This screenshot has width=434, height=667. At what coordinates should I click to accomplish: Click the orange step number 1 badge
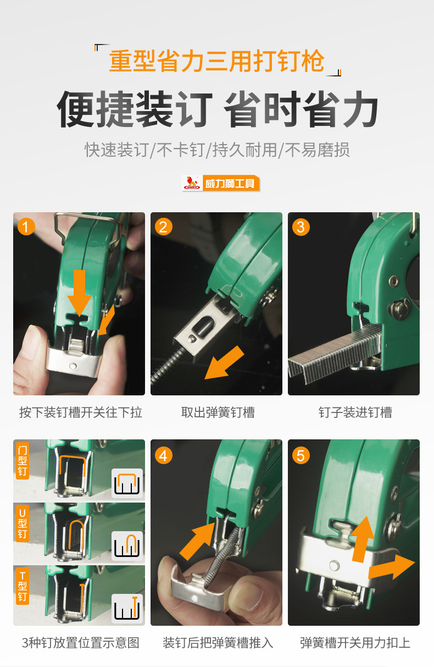[x=26, y=227]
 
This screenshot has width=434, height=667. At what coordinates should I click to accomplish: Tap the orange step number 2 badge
[x=163, y=227]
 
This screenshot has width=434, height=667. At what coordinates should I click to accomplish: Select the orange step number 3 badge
[x=301, y=227]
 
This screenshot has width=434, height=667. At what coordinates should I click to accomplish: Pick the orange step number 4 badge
[x=163, y=456]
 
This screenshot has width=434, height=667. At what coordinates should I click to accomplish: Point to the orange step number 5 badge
[x=301, y=456]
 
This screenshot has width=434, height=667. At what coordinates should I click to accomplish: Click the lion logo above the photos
[x=192, y=183]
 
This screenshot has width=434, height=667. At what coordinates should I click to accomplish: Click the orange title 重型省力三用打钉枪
[x=216, y=61]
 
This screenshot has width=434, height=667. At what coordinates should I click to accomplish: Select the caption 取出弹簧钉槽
[x=218, y=412]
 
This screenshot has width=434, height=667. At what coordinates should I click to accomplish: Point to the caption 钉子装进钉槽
[x=355, y=412]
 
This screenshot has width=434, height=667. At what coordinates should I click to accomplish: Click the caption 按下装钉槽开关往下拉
[x=80, y=412]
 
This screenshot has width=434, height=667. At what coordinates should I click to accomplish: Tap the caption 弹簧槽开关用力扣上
[x=355, y=643]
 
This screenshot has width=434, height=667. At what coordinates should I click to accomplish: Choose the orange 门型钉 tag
[x=23, y=461]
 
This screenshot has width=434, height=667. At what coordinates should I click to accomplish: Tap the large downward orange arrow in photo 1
[x=79, y=293]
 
